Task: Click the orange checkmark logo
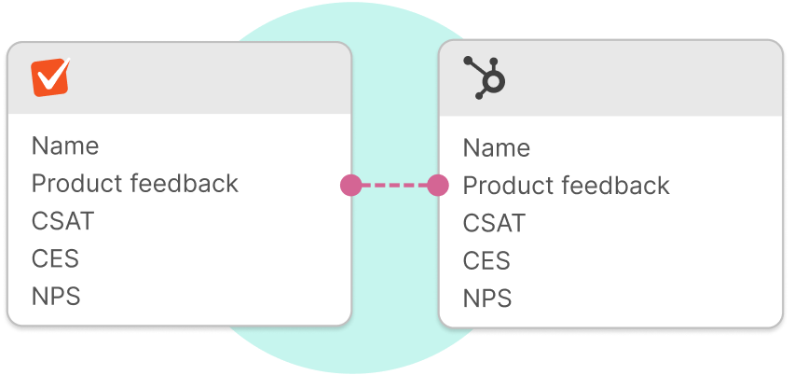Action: [51, 77]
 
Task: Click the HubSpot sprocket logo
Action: [484, 77]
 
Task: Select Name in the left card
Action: [65, 146]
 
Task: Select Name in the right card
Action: [497, 148]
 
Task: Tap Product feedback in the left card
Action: [135, 184]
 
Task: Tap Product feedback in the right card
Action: [567, 186]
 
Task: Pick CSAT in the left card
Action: [63, 222]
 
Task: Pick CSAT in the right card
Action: [495, 224]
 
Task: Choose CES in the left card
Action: [56, 259]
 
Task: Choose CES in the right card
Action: [487, 261]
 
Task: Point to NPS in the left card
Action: [57, 297]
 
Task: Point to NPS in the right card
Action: [488, 299]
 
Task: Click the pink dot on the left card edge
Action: [350, 185]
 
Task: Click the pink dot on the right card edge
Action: [438, 185]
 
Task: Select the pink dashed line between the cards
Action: [394, 185]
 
